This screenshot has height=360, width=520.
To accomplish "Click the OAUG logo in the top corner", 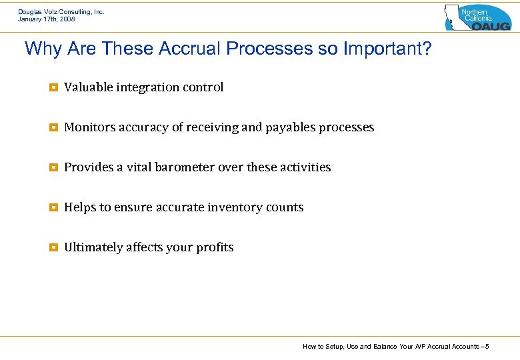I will coord(477,17).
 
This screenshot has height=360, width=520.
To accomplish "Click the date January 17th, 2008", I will coord(47,19).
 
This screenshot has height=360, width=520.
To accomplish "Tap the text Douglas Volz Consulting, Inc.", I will coord(61,11).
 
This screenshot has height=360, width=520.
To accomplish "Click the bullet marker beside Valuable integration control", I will coord(53,87).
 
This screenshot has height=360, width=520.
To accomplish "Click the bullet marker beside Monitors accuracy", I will coord(53,127).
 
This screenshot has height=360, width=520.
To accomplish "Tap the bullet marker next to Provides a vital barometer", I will coord(53,167).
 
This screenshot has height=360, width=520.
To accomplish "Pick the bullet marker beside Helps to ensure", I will coord(53,207).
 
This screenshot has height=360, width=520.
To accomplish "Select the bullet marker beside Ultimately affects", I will coord(53,247).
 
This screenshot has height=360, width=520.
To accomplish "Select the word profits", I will coord(215,247).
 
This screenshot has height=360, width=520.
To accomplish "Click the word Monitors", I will coord(89,127).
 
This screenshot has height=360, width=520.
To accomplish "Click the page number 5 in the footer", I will coord(487,347).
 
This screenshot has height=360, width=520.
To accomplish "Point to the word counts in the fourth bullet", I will coord(285,207).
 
